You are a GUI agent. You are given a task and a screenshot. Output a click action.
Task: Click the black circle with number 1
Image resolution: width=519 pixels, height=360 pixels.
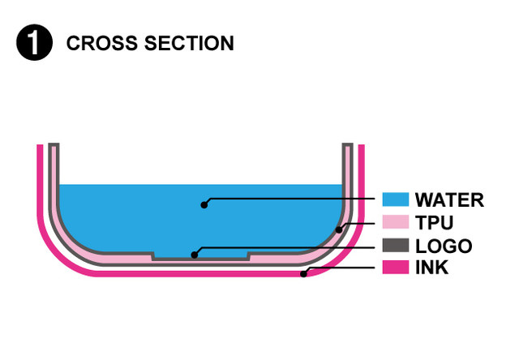click(33, 43)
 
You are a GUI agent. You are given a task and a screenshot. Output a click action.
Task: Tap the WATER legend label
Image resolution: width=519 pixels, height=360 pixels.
click(448, 199)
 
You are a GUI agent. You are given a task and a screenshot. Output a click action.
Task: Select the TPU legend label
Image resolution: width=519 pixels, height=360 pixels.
click(433, 222)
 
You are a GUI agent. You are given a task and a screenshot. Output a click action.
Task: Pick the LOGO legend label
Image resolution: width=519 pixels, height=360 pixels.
click(443, 245)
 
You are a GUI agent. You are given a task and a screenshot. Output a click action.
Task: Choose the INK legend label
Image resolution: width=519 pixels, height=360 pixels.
click(431, 267)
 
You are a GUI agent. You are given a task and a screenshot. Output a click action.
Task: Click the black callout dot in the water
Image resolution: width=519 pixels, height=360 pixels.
click(204, 204)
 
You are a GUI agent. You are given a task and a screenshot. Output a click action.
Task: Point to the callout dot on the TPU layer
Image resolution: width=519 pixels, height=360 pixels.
click(339, 229)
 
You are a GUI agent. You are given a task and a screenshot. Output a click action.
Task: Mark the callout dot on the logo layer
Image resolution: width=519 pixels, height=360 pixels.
click(194, 255)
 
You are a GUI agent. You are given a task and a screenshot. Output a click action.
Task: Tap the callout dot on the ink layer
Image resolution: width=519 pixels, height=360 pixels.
click(303, 275)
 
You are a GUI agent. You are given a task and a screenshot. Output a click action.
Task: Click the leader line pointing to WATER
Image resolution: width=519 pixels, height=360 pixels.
click(292, 199)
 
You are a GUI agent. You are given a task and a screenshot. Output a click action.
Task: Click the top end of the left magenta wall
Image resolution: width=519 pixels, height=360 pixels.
click(40, 148)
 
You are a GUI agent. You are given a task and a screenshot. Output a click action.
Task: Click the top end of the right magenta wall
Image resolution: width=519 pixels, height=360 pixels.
click(362, 148)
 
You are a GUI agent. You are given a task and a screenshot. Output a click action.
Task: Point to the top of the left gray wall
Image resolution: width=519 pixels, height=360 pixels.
click(54, 147)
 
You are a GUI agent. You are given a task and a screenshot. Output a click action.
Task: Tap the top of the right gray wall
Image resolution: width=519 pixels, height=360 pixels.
click(347, 147)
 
